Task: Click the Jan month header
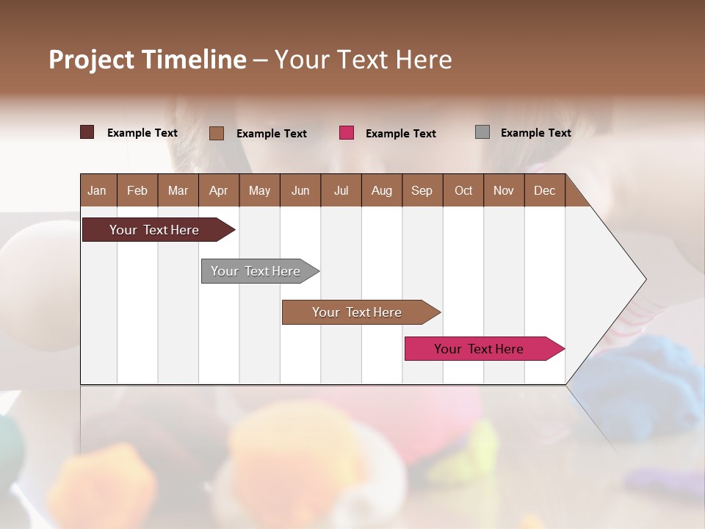(x=97, y=190)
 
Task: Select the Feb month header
(x=137, y=190)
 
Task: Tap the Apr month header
(x=218, y=190)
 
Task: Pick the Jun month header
(x=300, y=190)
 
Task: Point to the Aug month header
(x=381, y=190)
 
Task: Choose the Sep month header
(x=422, y=190)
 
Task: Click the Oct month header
(x=463, y=190)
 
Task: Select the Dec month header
(x=544, y=190)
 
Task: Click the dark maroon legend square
(x=87, y=132)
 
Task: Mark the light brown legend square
(x=217, y=133)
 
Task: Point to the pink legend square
(x=347, y=133)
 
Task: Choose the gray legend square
(x=482, y=132)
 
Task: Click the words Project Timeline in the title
(x=148, y=60)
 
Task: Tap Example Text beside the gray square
(x=535, y=133)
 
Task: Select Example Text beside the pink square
(x=400, y=134)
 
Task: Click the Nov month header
(x=504, y=190)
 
